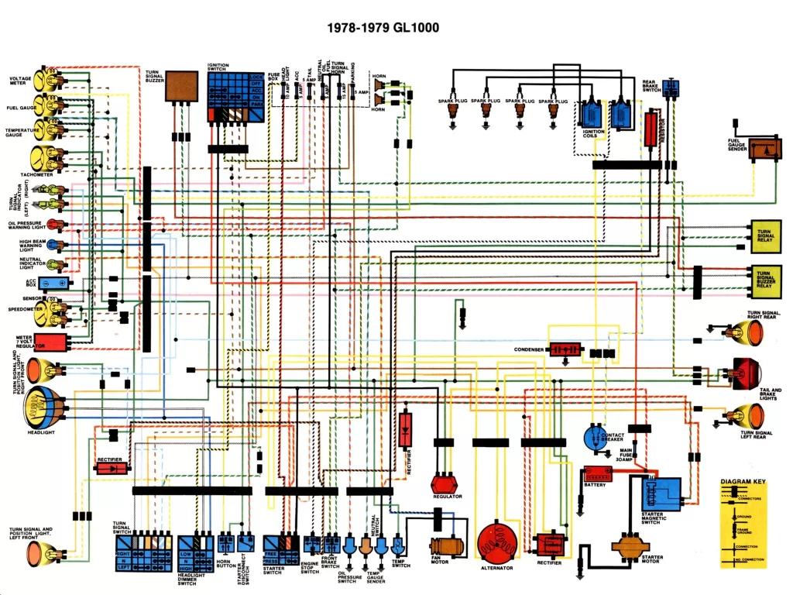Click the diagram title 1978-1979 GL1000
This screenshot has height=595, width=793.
tap(383, 29)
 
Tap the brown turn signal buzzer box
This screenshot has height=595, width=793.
tap(182, 85)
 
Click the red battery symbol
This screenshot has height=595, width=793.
tap(597, 473)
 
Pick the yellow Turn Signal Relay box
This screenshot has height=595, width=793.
tap(764, 236)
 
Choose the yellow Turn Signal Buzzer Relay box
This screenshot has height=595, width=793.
tap(764, 281)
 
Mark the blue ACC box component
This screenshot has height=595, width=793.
tap(52, 284)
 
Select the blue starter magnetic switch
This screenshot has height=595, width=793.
tap(662, 494)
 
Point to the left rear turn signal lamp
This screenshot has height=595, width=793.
tap(747, 417)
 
